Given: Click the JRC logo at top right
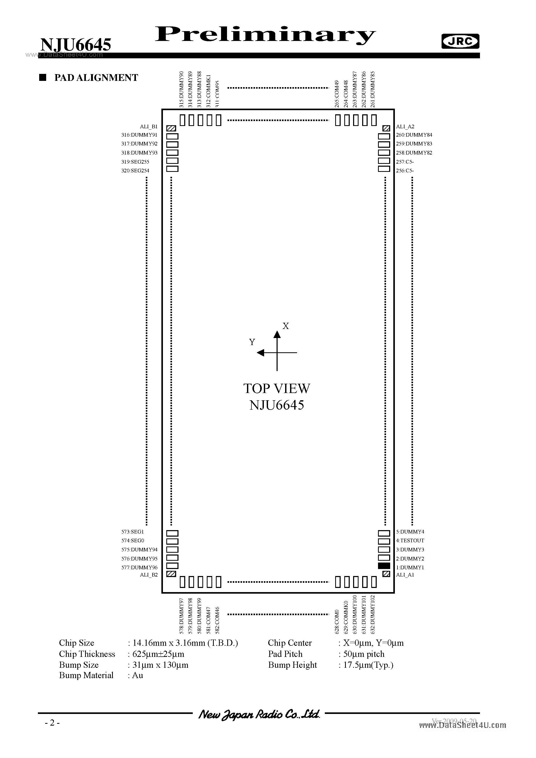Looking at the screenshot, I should click(x=460, y=41).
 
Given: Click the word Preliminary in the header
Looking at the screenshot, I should click(x=265, y=35).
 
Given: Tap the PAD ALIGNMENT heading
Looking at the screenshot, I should click(x=96, y=78).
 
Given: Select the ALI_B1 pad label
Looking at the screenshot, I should click(x=149, y=127).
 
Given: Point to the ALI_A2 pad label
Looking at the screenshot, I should click(x=405, y=127).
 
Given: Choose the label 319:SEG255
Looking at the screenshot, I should click(x=135, y=162).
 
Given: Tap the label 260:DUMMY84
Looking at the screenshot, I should click(x=414, y=135).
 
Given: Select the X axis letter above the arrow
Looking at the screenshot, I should click(x=286, y=326).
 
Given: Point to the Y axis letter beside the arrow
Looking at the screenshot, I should click(x=252, y=342).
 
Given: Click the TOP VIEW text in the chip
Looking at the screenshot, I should click(x=277, y=389).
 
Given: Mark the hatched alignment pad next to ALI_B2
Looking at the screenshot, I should click(x=171, y=574).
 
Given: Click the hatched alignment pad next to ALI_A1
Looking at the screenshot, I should click(x=386, y=574).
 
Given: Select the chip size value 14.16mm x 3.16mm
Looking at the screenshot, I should click(x=185, y=643).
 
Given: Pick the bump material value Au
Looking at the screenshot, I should click(x=138, y=676).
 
